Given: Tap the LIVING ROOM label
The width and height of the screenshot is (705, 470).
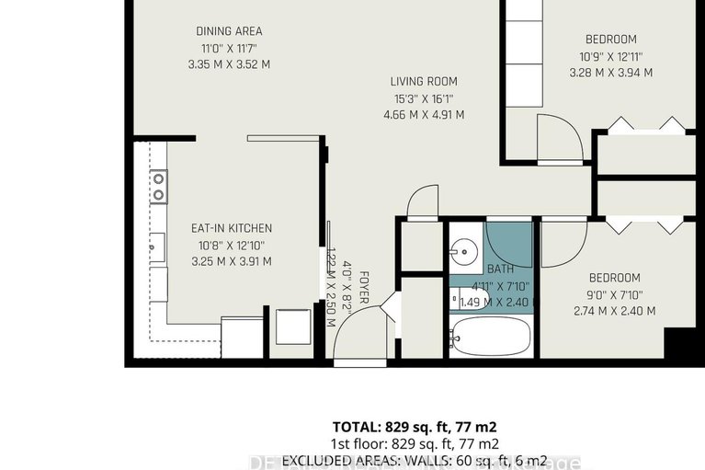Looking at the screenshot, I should coord(423,81).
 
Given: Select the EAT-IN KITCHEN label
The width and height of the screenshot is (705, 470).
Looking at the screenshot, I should coord(231,228).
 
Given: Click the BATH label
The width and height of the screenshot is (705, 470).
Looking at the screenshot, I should coord(500,269).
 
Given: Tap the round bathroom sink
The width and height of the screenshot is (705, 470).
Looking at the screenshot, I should coord(464,251).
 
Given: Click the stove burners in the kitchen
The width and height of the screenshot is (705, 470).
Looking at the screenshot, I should coord(159,187).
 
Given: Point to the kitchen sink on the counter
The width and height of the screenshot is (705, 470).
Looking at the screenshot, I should coord(158,247).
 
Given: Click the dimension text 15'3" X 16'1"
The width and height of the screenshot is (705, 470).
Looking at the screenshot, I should coord(423,98).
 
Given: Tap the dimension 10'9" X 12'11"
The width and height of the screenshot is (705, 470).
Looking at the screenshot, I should coord(611,56).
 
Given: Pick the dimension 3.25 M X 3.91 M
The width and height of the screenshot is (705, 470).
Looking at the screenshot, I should coord(231,261).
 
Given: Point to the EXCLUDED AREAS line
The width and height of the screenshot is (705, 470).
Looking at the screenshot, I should coord(414,460).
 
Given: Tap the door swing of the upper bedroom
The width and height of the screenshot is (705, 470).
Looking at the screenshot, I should coord(559,139).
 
